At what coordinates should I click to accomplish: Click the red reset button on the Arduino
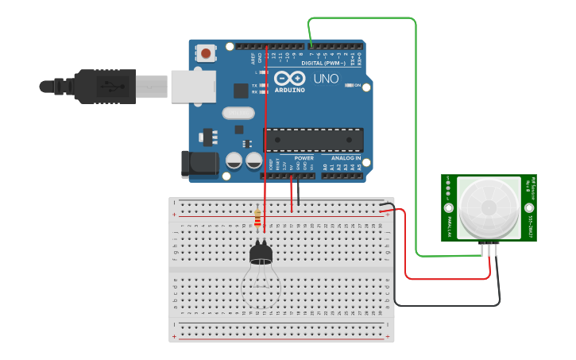pyautogui.click(x=207, y=54)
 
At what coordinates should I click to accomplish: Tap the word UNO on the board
pyautogui.click(x=326, y=79)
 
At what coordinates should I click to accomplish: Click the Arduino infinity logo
pyautogui.click(x=290, y=79)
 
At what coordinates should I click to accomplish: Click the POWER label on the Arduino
pyautogui.click(x=303, y=157)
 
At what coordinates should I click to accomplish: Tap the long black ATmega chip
pyautogui.click(x=314, y=140)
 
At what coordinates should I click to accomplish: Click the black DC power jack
pyautogui.click(x=199, y=164)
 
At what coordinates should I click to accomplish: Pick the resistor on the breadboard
pyautogui.click(x=257, y=217)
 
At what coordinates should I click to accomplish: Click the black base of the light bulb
pyautogui.click(x=261, y=254)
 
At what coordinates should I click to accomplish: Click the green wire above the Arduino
pyautogui.click(x=361, y=18)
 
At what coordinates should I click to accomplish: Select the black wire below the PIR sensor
pyautogui.click(x=445, y=305)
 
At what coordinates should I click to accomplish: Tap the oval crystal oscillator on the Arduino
pyautogui.click(x=238, y=113)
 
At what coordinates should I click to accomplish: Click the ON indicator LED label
pyautogui.click(x=358, y=85)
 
